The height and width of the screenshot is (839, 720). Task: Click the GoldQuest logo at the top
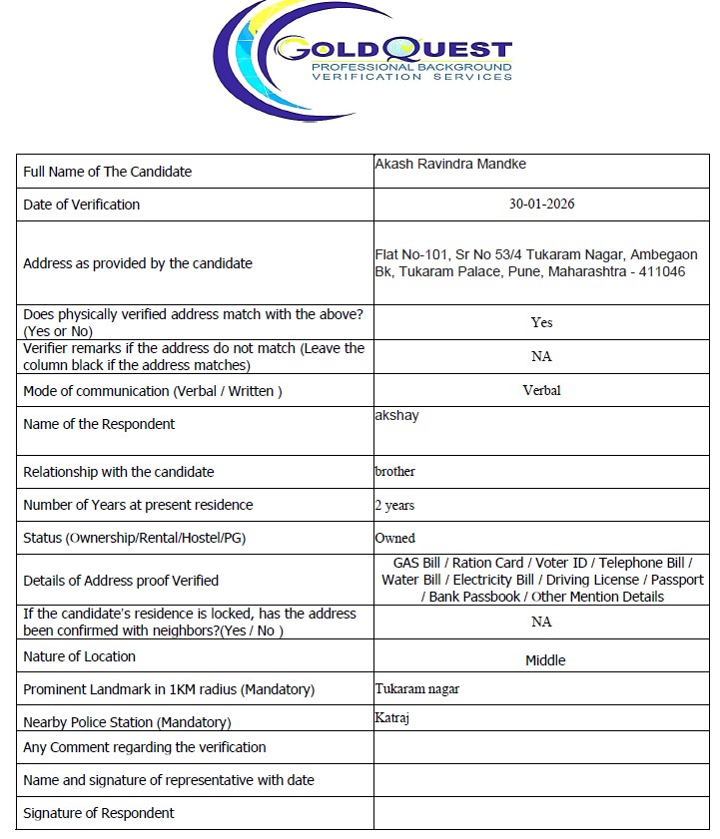click(x=361, y=57)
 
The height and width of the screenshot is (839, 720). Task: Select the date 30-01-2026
click(x=541, y=205)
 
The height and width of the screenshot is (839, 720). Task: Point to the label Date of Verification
click(x=82, y=205)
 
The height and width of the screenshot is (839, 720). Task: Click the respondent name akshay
click(x=396, y=415)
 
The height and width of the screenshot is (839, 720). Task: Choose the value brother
click(x=394, y=471)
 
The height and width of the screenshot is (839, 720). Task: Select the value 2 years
click(x=394, y=506)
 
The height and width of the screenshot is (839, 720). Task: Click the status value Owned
click(x=394, y=539)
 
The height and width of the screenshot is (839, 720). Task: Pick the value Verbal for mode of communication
click(x=541, y=391)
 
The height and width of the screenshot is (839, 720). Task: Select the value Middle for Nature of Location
click(x=545, y=660)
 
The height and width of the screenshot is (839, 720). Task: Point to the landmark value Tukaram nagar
click(x=416, y=689)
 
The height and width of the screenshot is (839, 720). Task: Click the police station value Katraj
click(x=391, y=717)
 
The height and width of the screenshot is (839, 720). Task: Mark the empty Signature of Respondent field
click(x=541, y=813)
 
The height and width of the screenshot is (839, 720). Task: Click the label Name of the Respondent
click(x=99, y=424)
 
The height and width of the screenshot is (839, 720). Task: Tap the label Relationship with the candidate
click(x=118, y=472)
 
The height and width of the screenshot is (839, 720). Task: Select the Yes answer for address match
click(x=541, y=322)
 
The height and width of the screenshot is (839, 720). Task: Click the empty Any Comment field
click(x=541, y=747)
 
